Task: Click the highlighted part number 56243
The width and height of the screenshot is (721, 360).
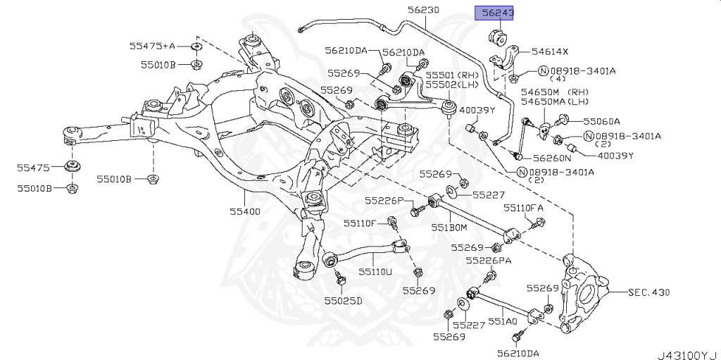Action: point(496,12)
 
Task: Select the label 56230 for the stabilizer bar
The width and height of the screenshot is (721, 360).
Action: point(423,10)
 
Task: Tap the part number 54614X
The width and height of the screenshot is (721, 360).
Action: point(550,51)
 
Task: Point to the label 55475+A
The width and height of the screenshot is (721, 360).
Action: point(151,46)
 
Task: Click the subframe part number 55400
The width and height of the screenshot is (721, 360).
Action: point(244,211)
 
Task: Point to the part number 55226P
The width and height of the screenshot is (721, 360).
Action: point(384,201)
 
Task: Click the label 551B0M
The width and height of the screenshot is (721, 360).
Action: point(449,228)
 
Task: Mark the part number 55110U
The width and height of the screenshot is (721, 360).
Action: point(375,271)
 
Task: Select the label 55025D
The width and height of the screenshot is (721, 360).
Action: point(343,301)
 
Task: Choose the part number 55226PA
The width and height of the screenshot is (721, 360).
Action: point(491,261)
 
